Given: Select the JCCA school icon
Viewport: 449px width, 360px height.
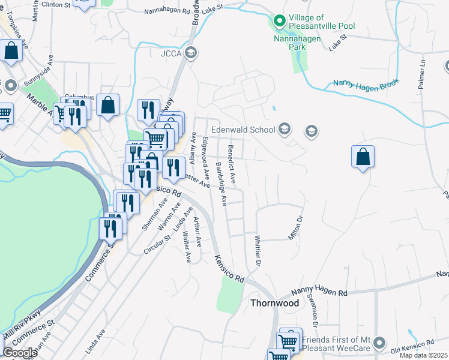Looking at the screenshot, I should (191, 52).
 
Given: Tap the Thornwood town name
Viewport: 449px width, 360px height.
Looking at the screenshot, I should (274, 303).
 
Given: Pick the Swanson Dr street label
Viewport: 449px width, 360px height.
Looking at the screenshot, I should (313, 310).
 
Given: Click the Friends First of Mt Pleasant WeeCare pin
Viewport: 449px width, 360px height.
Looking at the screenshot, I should (378, 343).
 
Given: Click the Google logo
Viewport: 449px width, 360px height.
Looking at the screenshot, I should (20, 353).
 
